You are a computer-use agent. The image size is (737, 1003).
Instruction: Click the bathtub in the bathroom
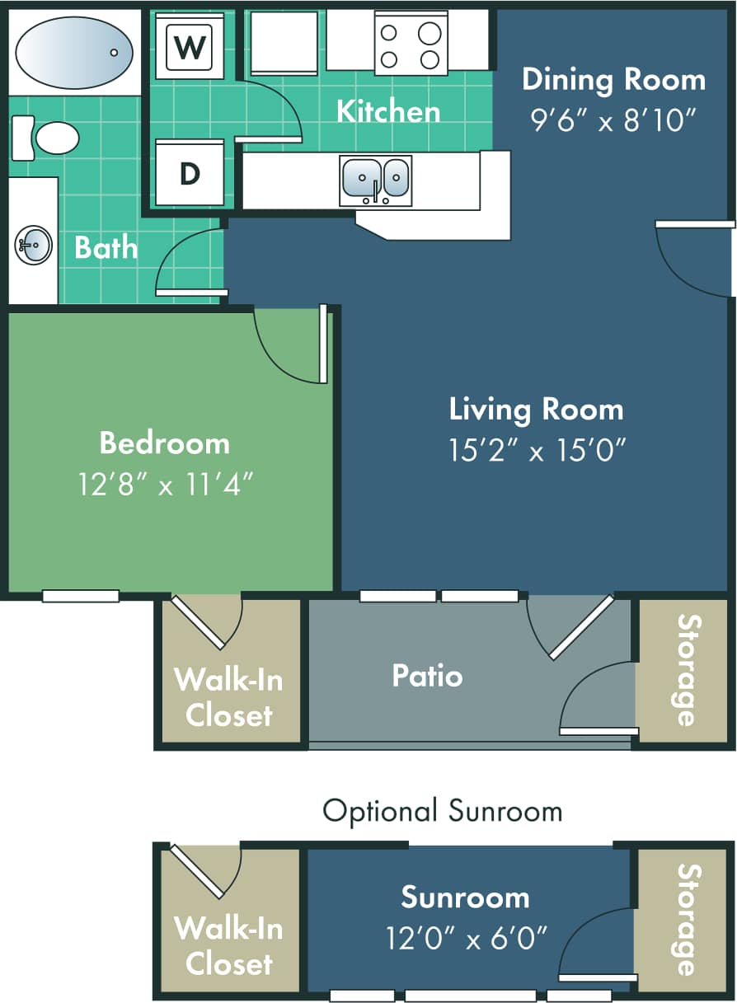(73, 52)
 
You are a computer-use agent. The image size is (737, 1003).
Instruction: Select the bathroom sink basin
(33, 245)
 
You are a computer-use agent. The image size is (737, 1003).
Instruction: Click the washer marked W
(190, 48)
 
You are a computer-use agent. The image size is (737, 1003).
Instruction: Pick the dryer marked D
(190, 174)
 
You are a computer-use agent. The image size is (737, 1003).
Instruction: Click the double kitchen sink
(376, 180)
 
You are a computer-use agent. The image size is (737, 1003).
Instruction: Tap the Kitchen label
(388, 111)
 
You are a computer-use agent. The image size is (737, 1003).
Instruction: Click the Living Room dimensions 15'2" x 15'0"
(536, 450)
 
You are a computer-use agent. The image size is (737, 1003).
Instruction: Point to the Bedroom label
(164, 443)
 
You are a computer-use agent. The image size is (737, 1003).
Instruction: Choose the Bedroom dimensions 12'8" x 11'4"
(164, 484)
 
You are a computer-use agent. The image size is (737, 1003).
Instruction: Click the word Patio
(427, 676)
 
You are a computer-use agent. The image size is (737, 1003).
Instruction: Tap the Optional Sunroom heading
(442, 811)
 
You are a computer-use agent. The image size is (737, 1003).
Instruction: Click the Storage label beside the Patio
(687, 671)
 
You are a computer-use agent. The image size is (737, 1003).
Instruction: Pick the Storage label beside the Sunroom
(687, 919)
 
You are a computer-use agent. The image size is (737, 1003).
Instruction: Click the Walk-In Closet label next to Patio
(228, 697)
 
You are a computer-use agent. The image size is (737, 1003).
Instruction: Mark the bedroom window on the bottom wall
(81, 596)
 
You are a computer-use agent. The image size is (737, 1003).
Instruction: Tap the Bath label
(106, 247)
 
